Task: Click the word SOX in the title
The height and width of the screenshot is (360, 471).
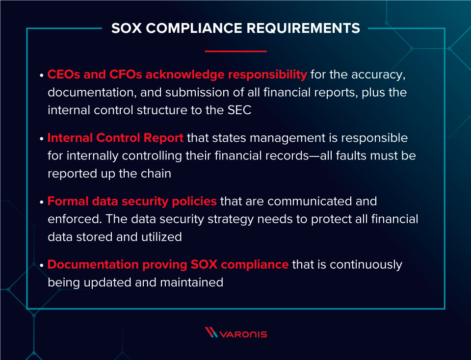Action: tap(127, 28)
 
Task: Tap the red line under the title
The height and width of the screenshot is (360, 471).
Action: tap(235, 51)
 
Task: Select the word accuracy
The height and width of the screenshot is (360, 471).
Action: tap(380, 75)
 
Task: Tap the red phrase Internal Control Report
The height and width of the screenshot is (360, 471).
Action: tap(115, 138)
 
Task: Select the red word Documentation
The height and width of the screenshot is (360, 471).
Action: tap(93, 264)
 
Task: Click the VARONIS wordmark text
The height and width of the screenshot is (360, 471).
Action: tap(243, 334)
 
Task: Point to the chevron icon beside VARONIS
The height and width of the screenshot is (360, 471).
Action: tap(211, 333)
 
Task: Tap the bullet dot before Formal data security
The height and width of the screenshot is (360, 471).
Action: tap(41, 202)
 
